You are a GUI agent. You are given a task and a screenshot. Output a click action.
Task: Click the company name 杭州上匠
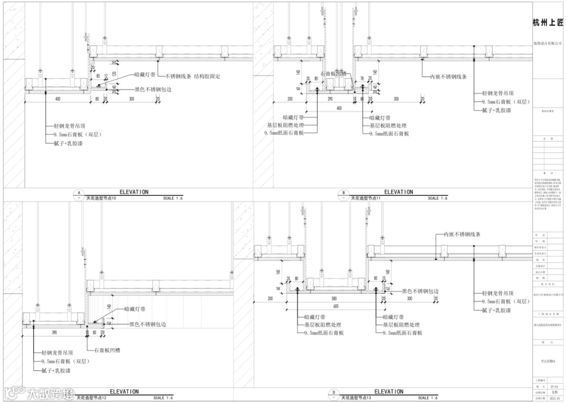tap(548, 23)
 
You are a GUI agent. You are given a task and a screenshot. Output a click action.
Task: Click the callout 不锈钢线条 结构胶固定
tap(192, 77)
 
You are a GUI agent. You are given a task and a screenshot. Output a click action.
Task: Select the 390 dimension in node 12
tap(55, 332)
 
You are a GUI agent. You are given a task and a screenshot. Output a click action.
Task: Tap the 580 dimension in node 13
tap(334, 298)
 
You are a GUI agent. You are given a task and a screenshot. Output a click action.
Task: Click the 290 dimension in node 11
tap(330, 99)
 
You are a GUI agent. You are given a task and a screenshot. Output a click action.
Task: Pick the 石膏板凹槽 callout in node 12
tap(107, 350)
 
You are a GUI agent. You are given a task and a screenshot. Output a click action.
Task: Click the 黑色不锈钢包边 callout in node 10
tap(153, 90)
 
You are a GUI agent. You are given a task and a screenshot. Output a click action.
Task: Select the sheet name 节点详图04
tap(548, 362)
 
